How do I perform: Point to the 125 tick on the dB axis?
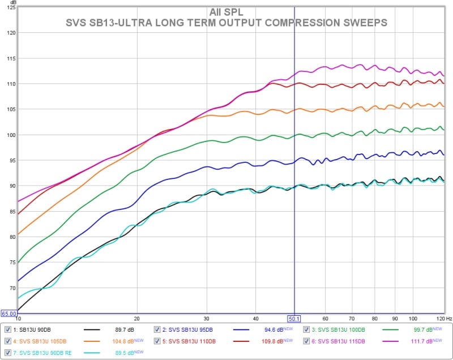click(11, 7)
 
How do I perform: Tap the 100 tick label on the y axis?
click(11, 135)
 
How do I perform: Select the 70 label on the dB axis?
click(12, 288)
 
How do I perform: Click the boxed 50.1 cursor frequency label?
click(294, 319)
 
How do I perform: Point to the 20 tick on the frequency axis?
click(136, 319)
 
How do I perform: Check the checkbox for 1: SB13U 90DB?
click(7, 329)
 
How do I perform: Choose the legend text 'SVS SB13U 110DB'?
click(190, 341)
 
